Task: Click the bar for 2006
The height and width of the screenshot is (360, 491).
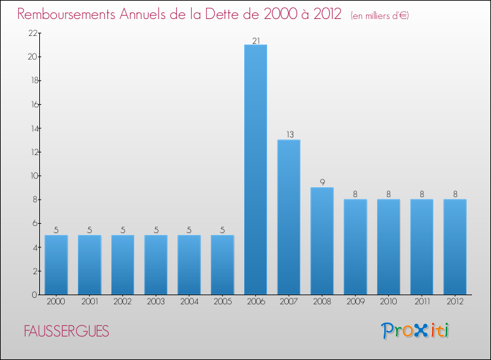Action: click(255, 170)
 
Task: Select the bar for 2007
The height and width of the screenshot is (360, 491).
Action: click(289, 217)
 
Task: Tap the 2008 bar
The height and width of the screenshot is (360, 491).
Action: click(322, 241)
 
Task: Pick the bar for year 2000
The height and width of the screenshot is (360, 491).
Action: click(56, 265)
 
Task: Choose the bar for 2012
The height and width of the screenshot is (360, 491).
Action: click(455, 247)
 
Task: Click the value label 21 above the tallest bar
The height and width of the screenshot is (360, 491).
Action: click(255, 41)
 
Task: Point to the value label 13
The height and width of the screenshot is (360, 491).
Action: click(289, 135)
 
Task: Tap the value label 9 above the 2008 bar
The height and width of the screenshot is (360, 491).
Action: click(322, 183)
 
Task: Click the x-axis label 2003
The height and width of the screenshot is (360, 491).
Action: click(156, 302)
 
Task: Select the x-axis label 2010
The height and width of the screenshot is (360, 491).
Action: click(388, 302)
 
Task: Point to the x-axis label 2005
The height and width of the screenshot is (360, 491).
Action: click(223, 302)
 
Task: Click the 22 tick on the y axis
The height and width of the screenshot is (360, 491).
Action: click(31, 33)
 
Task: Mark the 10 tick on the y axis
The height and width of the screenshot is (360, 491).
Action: click(31, 176)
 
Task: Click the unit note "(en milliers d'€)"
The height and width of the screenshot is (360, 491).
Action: click(380, 15)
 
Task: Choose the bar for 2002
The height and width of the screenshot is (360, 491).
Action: click(122, 265)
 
